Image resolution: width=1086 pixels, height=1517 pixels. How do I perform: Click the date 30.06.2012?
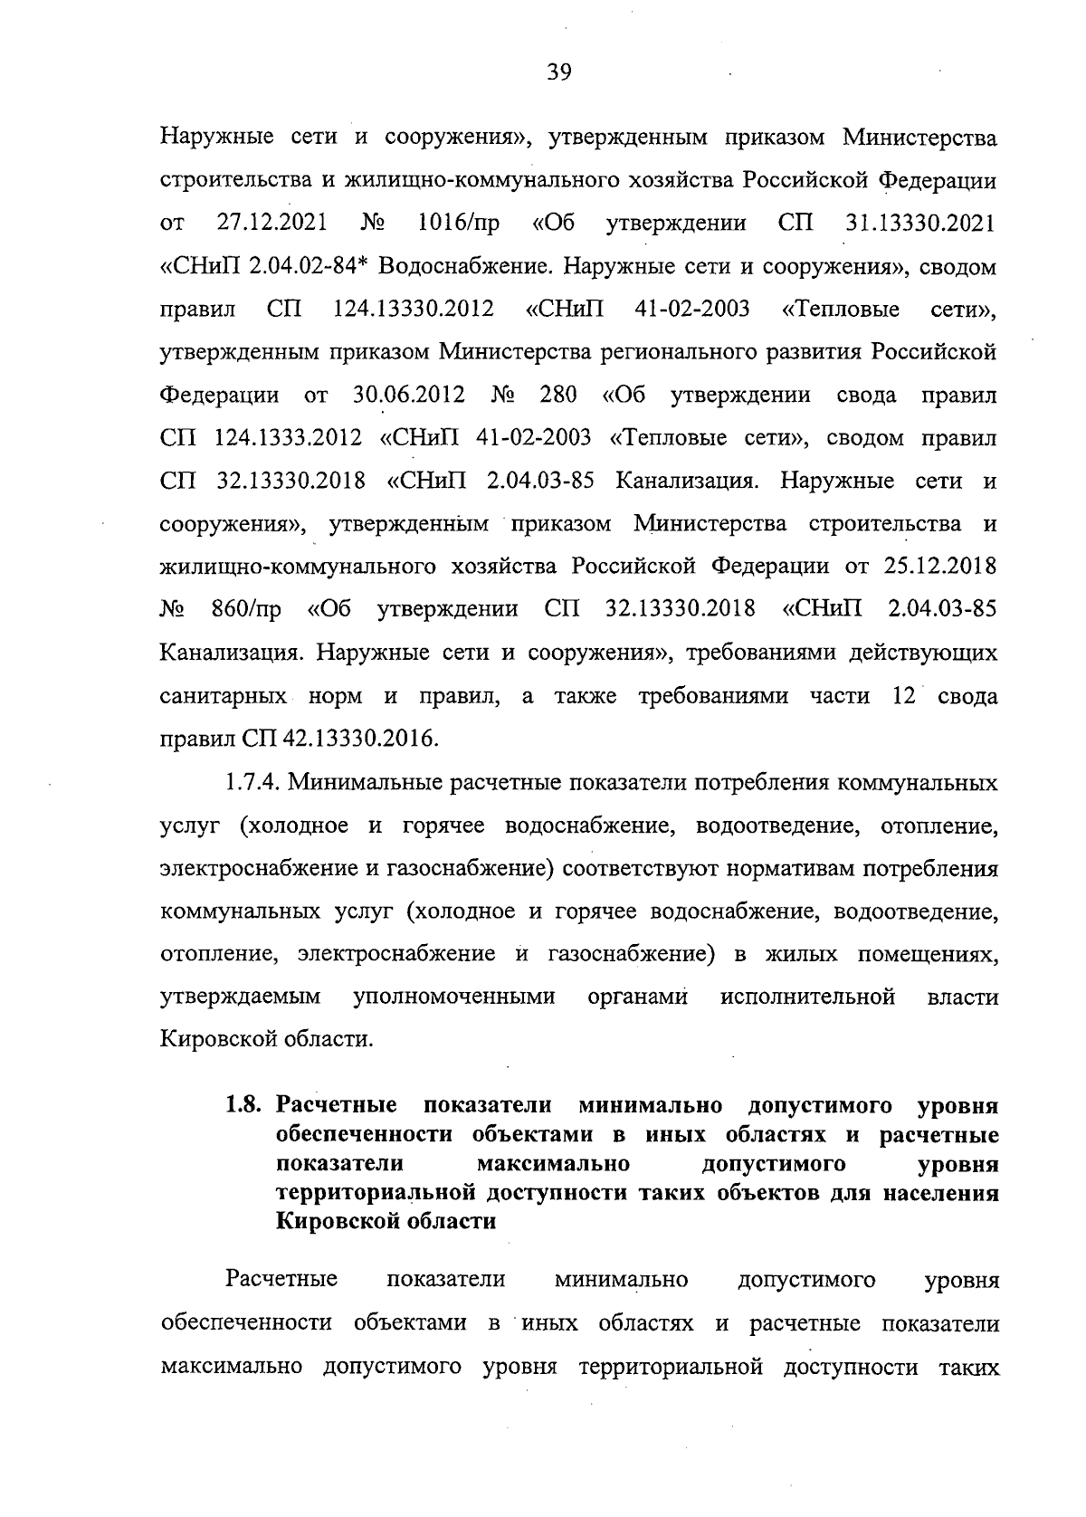(405, 396)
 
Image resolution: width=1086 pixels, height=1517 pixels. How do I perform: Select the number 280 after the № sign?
(557, 396)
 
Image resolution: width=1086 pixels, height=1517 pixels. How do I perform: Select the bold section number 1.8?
(243, 1106)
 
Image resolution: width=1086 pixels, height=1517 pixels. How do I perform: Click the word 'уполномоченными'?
(453, 997)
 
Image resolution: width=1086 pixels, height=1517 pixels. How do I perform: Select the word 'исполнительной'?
(807, 997)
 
